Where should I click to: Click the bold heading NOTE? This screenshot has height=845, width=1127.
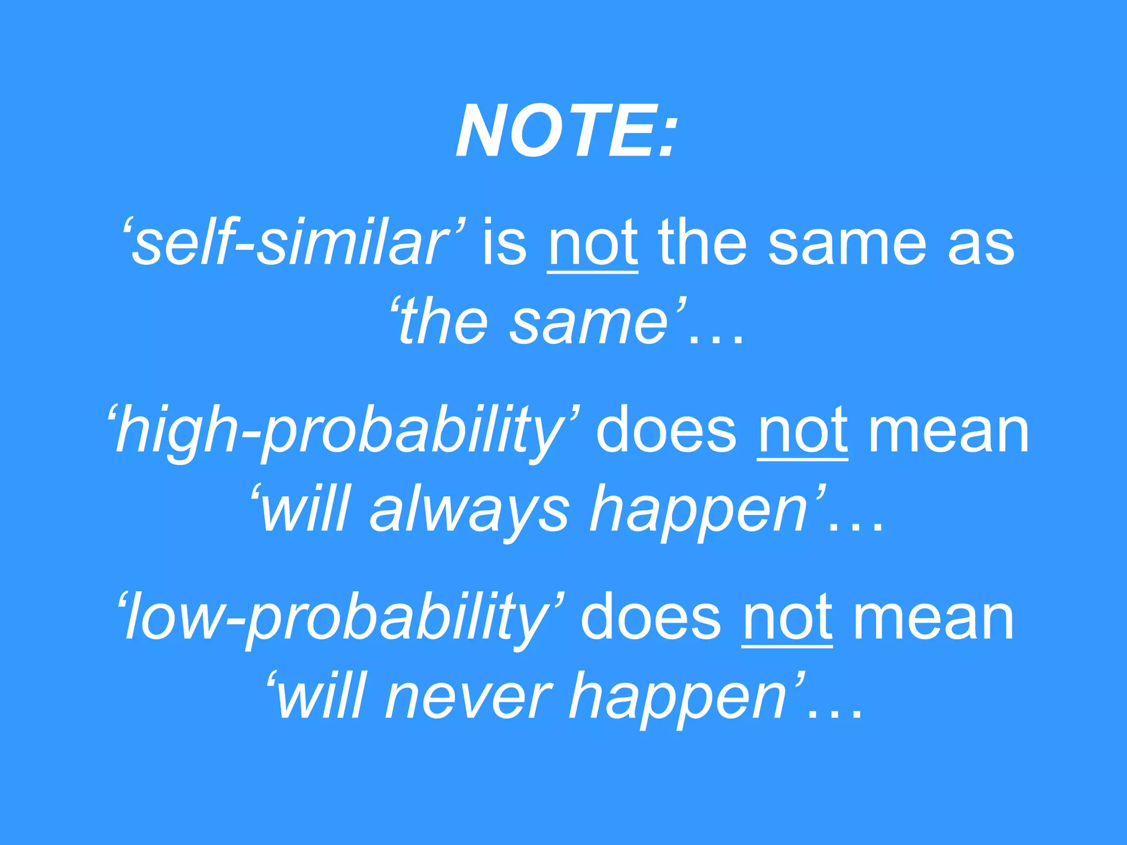tap(565, 132)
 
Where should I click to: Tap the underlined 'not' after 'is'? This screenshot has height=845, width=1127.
tap(593, 243)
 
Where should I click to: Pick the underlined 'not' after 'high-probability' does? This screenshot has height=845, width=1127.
tap(802, 431)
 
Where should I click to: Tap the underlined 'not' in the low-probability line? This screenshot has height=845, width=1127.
tap(787, 618)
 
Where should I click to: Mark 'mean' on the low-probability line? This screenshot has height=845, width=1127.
tap(933, 619)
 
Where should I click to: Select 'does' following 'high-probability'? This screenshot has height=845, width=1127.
tap(666, 431)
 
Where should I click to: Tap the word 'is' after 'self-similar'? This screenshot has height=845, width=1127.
tap(504, 243)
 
